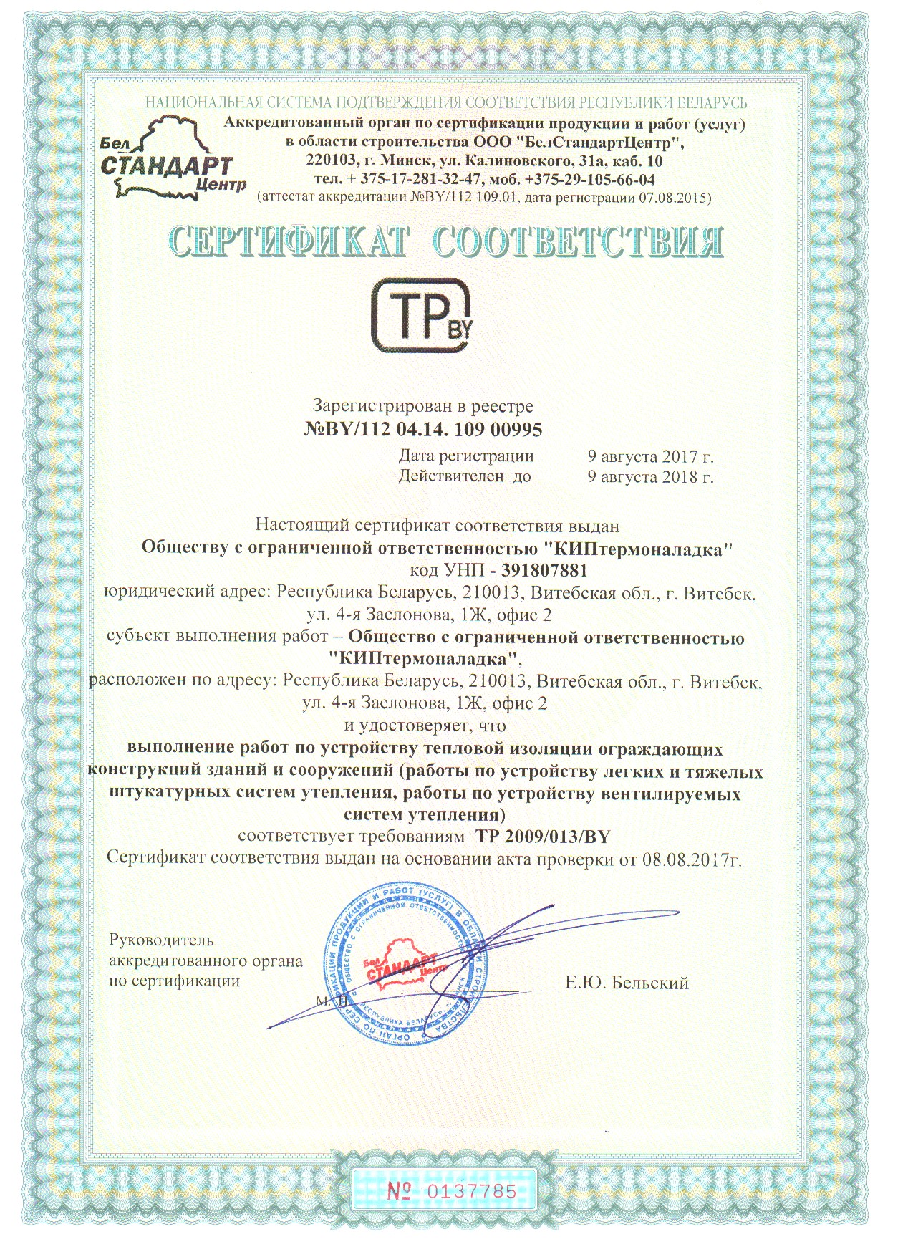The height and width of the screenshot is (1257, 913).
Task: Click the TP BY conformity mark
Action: [x=422, y=315]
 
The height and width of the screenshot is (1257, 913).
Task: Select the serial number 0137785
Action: [x=470, y=1191]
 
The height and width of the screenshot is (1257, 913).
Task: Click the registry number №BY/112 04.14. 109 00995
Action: [x=423, y=430]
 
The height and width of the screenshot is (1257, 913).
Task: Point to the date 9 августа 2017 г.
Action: [x=650, y=456]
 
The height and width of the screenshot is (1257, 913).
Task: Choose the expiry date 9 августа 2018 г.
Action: [x=650, y=476]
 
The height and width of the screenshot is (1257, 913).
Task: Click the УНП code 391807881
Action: [x=544, y=571]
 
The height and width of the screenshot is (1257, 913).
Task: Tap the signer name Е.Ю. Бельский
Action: [x=627, y=983]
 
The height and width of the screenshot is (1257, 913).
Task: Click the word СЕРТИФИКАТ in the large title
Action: [x=289, y=242]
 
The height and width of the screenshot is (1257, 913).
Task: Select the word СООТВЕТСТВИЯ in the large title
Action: [x=578, y=242]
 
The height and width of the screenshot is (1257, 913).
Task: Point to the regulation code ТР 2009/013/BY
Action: [x=543, y=837]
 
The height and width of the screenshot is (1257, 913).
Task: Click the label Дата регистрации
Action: [x=465, y=456]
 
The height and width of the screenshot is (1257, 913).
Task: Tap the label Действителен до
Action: [x=465, y=476]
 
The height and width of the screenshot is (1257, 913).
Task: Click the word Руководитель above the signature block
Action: [x=161, y=940]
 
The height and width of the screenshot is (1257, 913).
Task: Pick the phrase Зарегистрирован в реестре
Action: [x=423, y=406]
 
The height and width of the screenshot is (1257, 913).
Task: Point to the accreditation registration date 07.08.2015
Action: [x=672, y=198]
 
